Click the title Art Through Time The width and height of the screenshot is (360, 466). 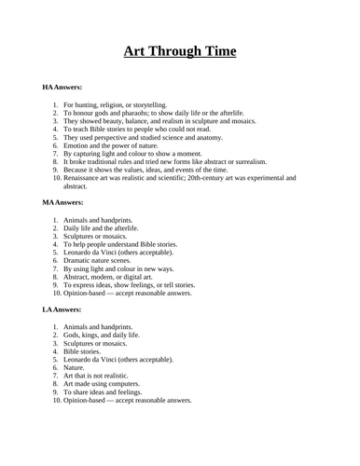tap(180, 52)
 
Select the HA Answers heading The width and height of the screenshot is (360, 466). tap(62, 87)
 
